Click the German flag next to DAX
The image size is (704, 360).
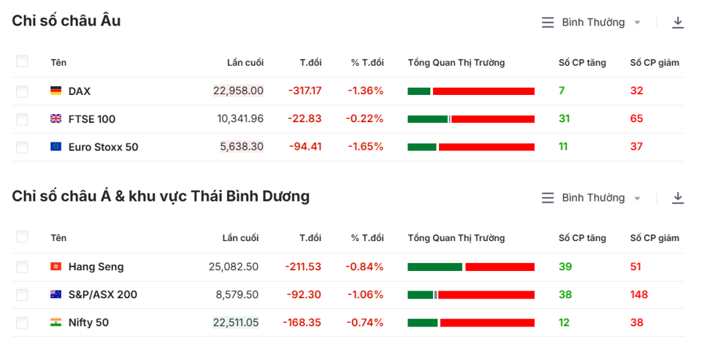[x=56, y=91]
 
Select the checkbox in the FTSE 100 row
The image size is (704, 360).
[x=22, y=119]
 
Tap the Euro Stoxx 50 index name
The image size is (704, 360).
[x=103, y=147]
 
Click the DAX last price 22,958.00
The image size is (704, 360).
[x=238, y=91]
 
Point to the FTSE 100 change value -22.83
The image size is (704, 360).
[x=304, y=118]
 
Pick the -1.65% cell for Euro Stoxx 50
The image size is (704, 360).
[x=365, y=146]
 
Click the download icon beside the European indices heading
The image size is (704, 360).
[x=678, y=23]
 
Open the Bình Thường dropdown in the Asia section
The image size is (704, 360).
[x=592, y=198]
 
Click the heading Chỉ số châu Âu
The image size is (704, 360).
[x=66, y=21]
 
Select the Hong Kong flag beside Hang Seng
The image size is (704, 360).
[x=56, y=267]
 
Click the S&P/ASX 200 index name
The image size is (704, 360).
[x=102, y=294]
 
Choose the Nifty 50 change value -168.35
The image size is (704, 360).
[x=302, y=322]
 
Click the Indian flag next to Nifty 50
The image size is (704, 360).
[x=56, y=322]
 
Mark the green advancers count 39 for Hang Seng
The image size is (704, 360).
[x=565, y=267]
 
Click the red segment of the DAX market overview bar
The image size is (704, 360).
[x=483, y=91]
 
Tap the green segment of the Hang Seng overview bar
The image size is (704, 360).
[x=435, y=267]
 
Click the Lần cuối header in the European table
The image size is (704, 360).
[x=245, y=63]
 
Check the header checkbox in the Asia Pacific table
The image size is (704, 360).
[x=22, y=237]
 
